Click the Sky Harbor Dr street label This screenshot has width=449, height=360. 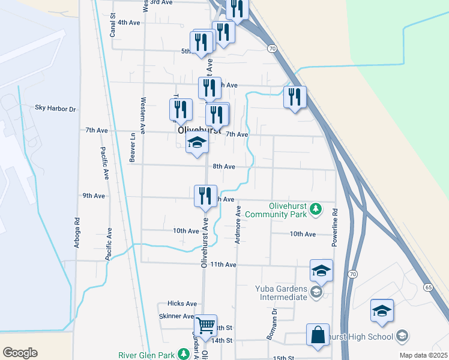(x=55, y=109)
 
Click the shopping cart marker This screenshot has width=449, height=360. (x=206, y=326)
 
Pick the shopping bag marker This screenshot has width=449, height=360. (x=318, y=335)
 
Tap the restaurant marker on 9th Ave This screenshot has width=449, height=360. (x=205, y=196)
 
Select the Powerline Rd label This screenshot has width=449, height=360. (x=335, y=228)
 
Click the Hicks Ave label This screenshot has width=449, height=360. (x=182, y=304)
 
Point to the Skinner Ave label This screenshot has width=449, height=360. (x=176, y=316)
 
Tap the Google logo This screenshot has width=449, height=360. (x=20, y=353)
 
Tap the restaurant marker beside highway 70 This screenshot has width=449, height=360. (x=295, y=97)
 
